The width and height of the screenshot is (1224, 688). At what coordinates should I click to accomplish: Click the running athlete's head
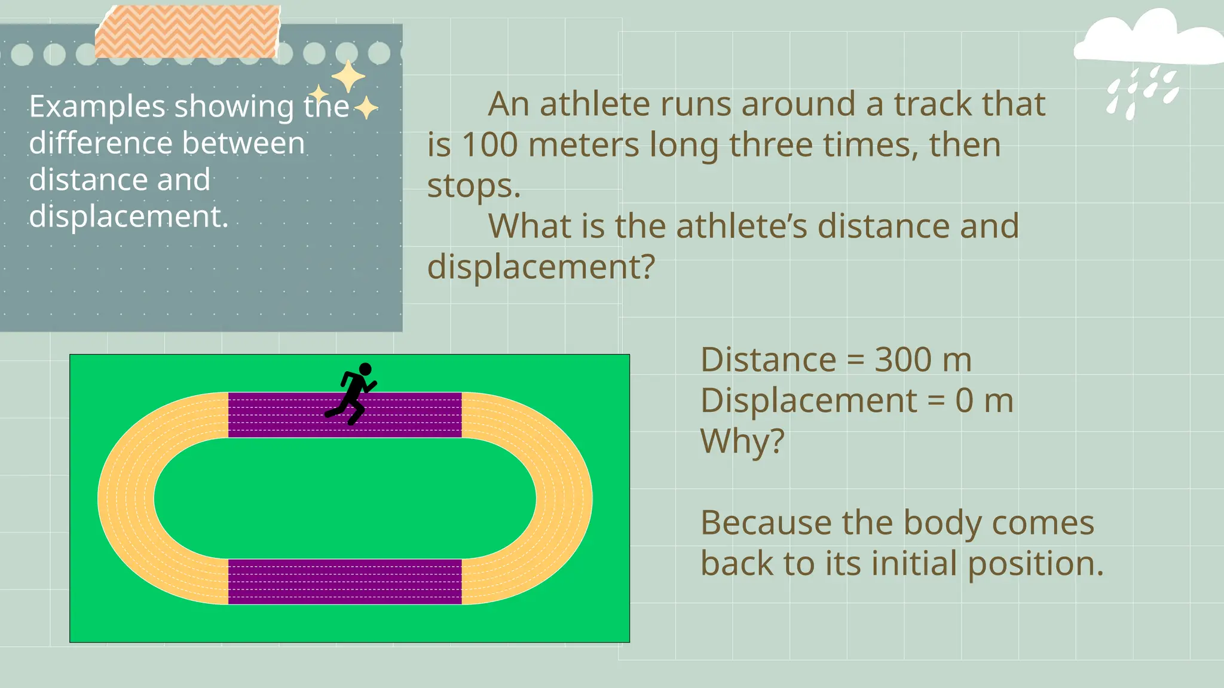(x=365, y=370)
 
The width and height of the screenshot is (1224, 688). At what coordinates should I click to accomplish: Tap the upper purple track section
(x=275, y=415)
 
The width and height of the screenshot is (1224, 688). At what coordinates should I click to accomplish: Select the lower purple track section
(x=345, y=582)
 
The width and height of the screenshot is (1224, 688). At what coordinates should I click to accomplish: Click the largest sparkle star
(x=348, y=77)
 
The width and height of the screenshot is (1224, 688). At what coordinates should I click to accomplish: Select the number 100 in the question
(x=489, y=145)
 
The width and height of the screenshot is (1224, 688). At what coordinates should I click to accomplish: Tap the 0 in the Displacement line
(x=964, y=401)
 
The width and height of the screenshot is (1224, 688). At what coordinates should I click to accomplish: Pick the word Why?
(x=742, y=442)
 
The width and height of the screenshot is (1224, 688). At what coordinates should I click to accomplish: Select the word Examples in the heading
(x=97, y=107)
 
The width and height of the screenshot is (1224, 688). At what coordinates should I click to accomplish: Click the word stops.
(x=473, y=186)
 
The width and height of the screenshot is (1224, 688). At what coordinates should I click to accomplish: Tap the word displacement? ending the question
(x=541, y=267)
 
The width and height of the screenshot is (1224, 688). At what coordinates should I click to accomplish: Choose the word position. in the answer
(x=1035, y=564)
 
